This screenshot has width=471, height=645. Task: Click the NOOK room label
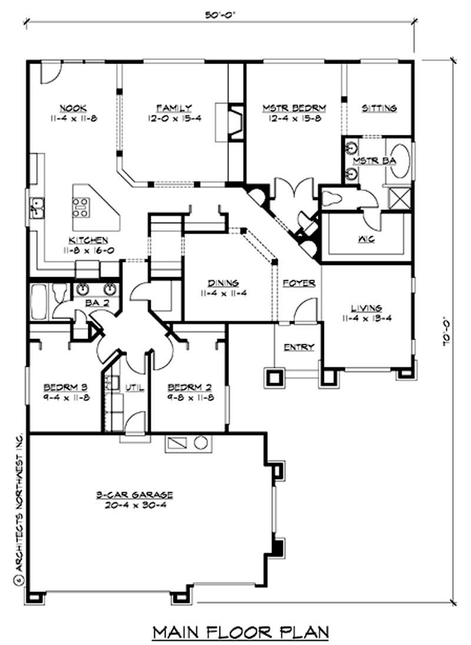[74, 108]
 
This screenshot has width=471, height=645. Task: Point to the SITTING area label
[379, 108]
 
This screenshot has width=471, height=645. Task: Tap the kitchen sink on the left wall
[38, 207]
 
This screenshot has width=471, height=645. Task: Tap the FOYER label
[298, 283]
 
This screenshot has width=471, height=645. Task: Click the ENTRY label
[298, 347]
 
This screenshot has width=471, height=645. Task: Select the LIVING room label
[367, 307]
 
